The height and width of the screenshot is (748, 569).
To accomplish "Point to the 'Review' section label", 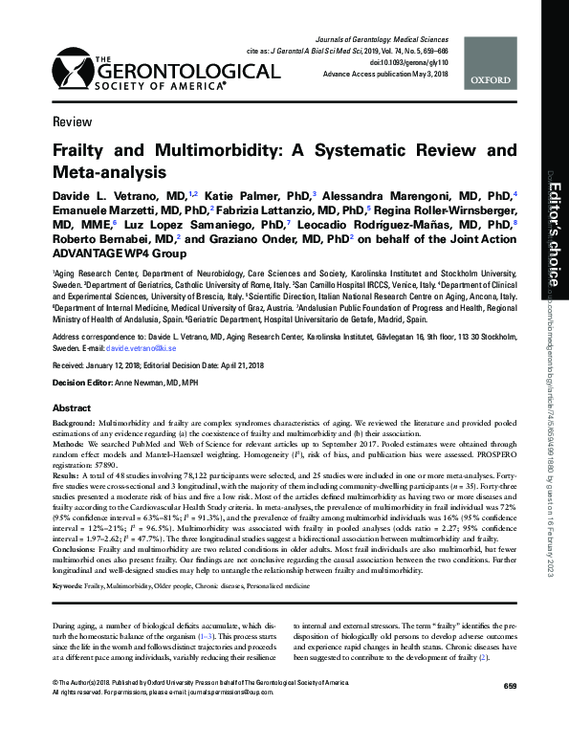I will pyautogui.click(x=67, y=123).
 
